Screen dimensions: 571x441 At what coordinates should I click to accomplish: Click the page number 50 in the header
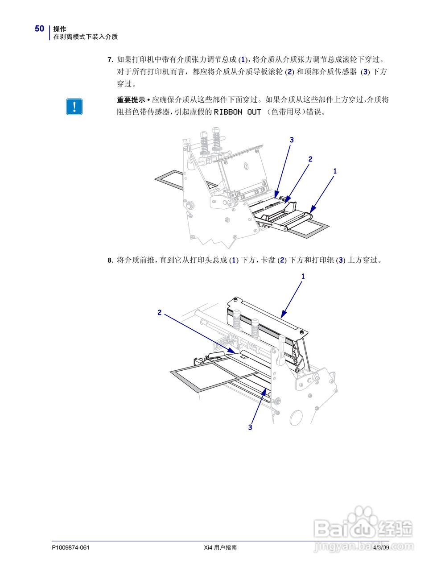tap(40, 29)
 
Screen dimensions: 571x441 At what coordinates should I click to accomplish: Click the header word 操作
tap(60, 29)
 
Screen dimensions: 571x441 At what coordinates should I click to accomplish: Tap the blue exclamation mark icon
tap(74, 106)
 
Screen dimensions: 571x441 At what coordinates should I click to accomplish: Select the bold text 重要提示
tap(131, 100)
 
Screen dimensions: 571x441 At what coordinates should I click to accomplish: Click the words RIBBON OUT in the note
tap(237, 112)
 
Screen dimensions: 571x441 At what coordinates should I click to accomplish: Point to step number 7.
tap(110, 59)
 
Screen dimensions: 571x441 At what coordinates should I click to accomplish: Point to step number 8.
tap(110, 260)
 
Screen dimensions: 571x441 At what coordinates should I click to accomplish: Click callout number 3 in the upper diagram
tap(292, 140)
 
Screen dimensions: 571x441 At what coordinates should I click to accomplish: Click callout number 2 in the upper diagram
tap(310, 159)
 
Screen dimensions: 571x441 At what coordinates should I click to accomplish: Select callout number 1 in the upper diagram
tap(335, 171)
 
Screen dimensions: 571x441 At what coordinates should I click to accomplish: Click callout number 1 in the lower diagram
tap(303, 277)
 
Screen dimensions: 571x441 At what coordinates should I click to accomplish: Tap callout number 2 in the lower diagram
tap(159, 313)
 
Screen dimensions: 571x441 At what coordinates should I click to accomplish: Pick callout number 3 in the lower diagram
tap(250, 427)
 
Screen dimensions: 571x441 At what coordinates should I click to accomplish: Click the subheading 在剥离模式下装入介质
tap(86, 37)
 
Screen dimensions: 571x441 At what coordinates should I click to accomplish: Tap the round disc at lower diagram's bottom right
tap(296, 418)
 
